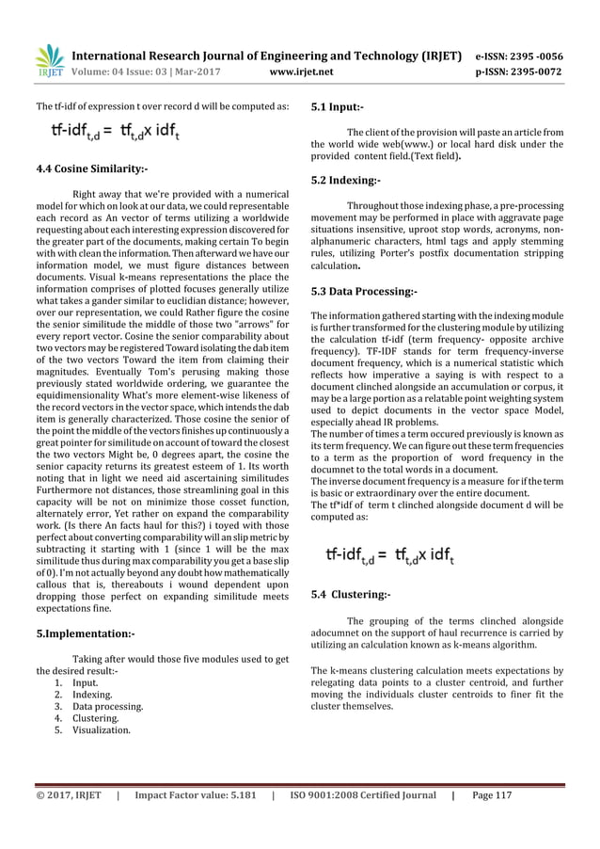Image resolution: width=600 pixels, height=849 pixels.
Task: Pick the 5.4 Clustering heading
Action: [351, 594]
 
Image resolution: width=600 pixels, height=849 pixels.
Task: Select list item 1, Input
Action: [81, 682]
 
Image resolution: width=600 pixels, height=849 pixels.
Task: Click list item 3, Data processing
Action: [103, 705]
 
